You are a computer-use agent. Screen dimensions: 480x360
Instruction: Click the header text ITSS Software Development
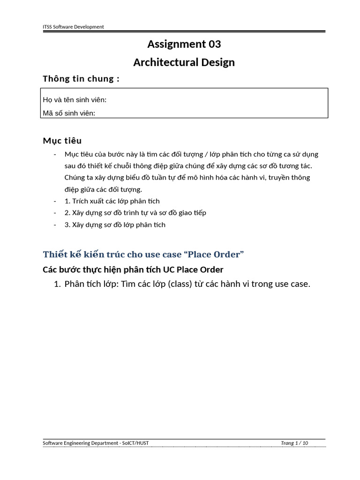[x=73, y=27]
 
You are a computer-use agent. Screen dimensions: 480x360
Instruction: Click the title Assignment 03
[x=184, y=45]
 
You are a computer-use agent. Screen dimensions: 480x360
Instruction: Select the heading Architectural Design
[x=184, y=62]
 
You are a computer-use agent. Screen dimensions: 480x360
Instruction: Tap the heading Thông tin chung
[x=81, y=79]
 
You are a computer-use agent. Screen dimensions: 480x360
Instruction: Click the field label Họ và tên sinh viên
[x=75, y=100]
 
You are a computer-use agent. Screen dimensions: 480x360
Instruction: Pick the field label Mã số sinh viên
[x=69, y=113]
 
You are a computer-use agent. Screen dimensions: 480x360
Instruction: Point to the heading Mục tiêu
[x=62, y=141]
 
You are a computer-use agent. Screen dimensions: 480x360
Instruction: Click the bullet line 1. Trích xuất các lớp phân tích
[x=112, y=201]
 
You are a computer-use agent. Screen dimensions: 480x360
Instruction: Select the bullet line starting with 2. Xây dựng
[x=135, y=213]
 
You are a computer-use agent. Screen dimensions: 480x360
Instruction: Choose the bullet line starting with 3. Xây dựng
[x=115, y=225]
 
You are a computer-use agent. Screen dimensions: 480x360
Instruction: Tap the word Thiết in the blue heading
[x=54, y=255]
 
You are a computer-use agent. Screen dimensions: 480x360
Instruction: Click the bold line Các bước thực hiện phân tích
[x=133, y=270]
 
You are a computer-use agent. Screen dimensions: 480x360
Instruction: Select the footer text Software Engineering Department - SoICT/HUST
[x=96, y=443]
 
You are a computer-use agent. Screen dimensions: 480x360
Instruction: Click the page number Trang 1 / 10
[x=294, y=443]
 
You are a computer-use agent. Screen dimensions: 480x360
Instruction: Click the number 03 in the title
[x=214, y=45]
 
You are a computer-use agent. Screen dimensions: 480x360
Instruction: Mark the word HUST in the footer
[x=142, y=443]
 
